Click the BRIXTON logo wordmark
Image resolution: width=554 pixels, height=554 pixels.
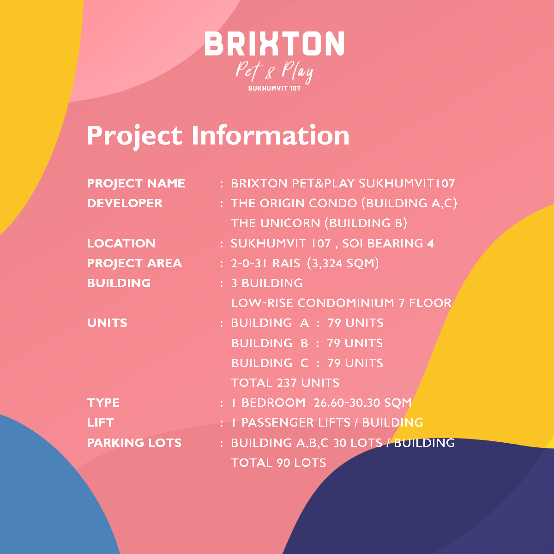pos(274,43)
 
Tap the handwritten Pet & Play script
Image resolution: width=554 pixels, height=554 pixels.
pos(274,72)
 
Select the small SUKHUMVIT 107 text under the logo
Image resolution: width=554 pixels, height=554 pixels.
pos(275,89)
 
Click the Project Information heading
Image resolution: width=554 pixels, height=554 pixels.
pos(218,136)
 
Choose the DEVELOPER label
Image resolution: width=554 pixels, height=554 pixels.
pos(125,203)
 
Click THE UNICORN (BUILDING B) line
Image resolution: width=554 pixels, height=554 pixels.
pos(319,223)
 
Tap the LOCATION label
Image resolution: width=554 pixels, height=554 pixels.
pos(121,243)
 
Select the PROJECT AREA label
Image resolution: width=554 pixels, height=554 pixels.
pos(134,264)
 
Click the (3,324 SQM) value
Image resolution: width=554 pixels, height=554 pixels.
pos(343,263)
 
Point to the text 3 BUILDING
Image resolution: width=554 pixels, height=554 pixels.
pos(267,283)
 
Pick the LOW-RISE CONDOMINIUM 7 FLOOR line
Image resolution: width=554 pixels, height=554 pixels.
pos(341,303)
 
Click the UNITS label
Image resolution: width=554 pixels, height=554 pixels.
pos(107,323)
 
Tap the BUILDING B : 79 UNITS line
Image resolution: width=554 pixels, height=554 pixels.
pos(307,343)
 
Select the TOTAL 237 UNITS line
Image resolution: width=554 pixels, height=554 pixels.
pos(285,383)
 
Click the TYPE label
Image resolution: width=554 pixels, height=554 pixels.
pos(103,403)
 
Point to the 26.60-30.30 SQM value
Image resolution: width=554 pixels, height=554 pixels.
pos(362,403)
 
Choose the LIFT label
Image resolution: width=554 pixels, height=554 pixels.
pos(101,423)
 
